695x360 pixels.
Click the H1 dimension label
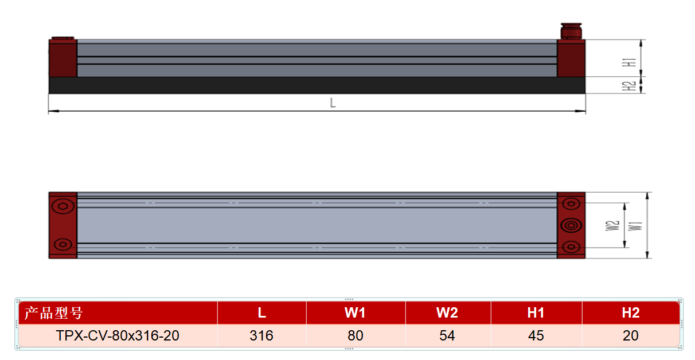point(629,62)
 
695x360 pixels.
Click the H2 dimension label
point(629,86)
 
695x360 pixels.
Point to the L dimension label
point(333,103)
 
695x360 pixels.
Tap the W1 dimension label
point(635,226)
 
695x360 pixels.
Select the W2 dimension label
point(612,226)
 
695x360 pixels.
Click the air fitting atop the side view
point(571,31)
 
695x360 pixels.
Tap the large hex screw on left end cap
point(63,206)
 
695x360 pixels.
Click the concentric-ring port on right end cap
point(571,225)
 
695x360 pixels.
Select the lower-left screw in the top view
point(63,244)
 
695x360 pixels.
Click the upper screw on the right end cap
point(571,204)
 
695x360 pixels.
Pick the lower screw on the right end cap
point(571,247)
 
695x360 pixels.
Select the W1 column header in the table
point(356,312)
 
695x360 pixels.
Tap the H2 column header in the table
point(631,312)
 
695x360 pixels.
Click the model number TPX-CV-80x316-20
point(118,335)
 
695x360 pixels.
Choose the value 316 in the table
point(261,335)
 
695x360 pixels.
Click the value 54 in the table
point(447,335)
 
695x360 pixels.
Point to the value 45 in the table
point(536,335)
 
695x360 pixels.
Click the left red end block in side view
point(63,58)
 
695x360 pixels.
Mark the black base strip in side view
point(317,85)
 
